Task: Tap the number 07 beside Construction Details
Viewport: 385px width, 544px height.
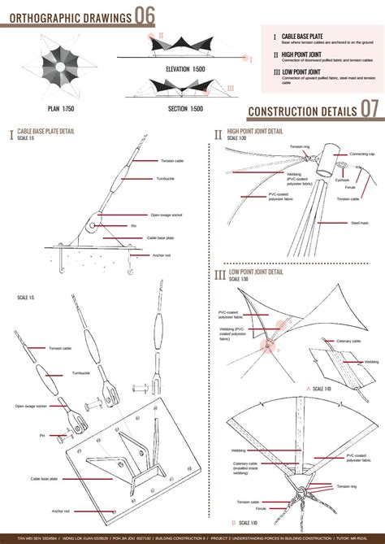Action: (x=370, y=109)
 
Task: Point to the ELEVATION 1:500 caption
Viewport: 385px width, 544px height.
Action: (x=185, y=70)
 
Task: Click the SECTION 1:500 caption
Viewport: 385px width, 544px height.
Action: (x=185, y=109)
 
